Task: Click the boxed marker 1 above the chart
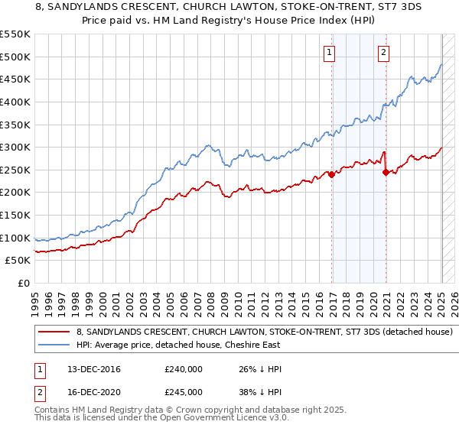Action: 329,53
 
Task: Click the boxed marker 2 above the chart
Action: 382,53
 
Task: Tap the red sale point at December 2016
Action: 332,174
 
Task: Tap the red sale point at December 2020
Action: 386,172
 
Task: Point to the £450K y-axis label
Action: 15,79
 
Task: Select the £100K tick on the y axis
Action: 15,238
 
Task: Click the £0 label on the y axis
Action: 23,283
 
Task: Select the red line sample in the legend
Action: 54,332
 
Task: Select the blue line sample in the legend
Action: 54,345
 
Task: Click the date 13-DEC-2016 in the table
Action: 89,369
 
